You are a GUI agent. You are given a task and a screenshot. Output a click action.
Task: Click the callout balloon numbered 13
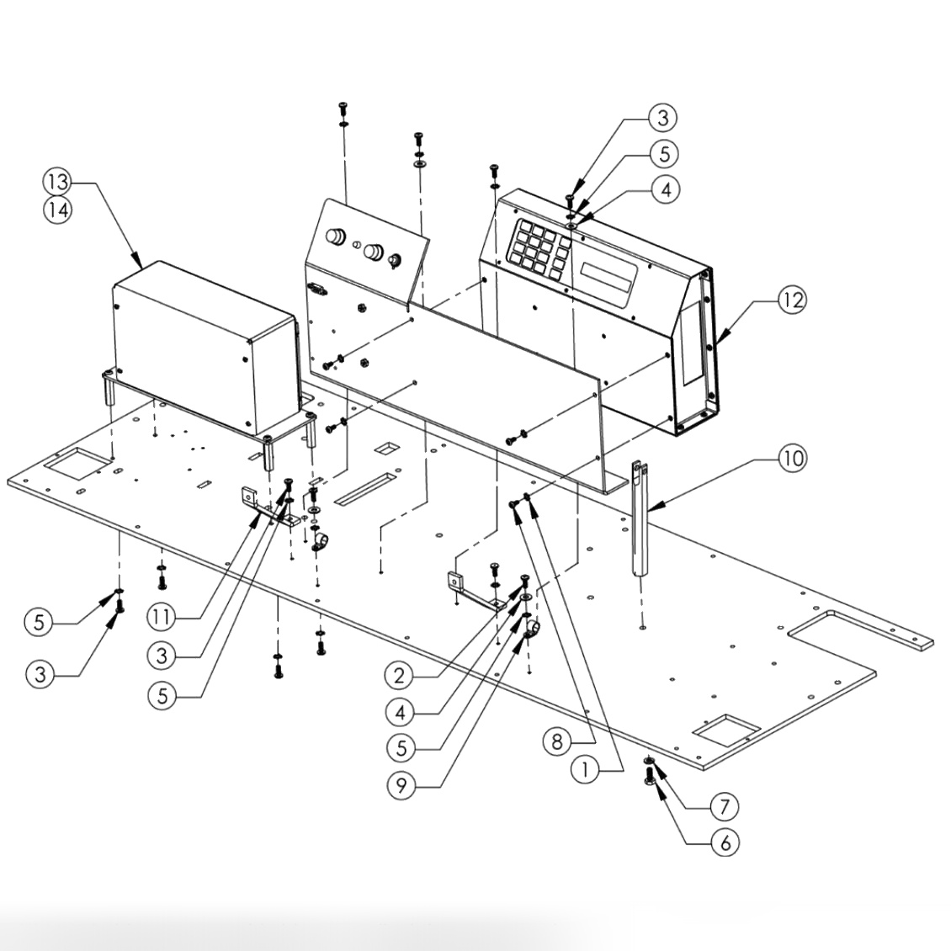(57, 182)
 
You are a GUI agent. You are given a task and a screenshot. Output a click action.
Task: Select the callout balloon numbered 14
(57, 210)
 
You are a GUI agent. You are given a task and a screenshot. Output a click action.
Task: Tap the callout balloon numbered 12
(791, 300)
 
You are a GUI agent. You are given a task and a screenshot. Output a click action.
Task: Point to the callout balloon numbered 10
(791, 459)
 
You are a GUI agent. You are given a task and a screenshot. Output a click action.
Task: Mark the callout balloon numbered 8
(557, 741)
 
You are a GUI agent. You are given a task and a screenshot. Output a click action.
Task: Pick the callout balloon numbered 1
(587, 769)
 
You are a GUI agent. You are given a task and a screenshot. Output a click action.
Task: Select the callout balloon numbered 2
(401, 674)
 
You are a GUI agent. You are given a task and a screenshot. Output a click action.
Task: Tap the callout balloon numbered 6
(725, 842)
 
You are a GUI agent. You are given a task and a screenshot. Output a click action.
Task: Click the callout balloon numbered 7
(724, 805)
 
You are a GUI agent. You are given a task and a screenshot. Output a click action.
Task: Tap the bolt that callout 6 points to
(650, 773)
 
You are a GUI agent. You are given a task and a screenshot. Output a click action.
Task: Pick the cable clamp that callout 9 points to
(532, 626)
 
